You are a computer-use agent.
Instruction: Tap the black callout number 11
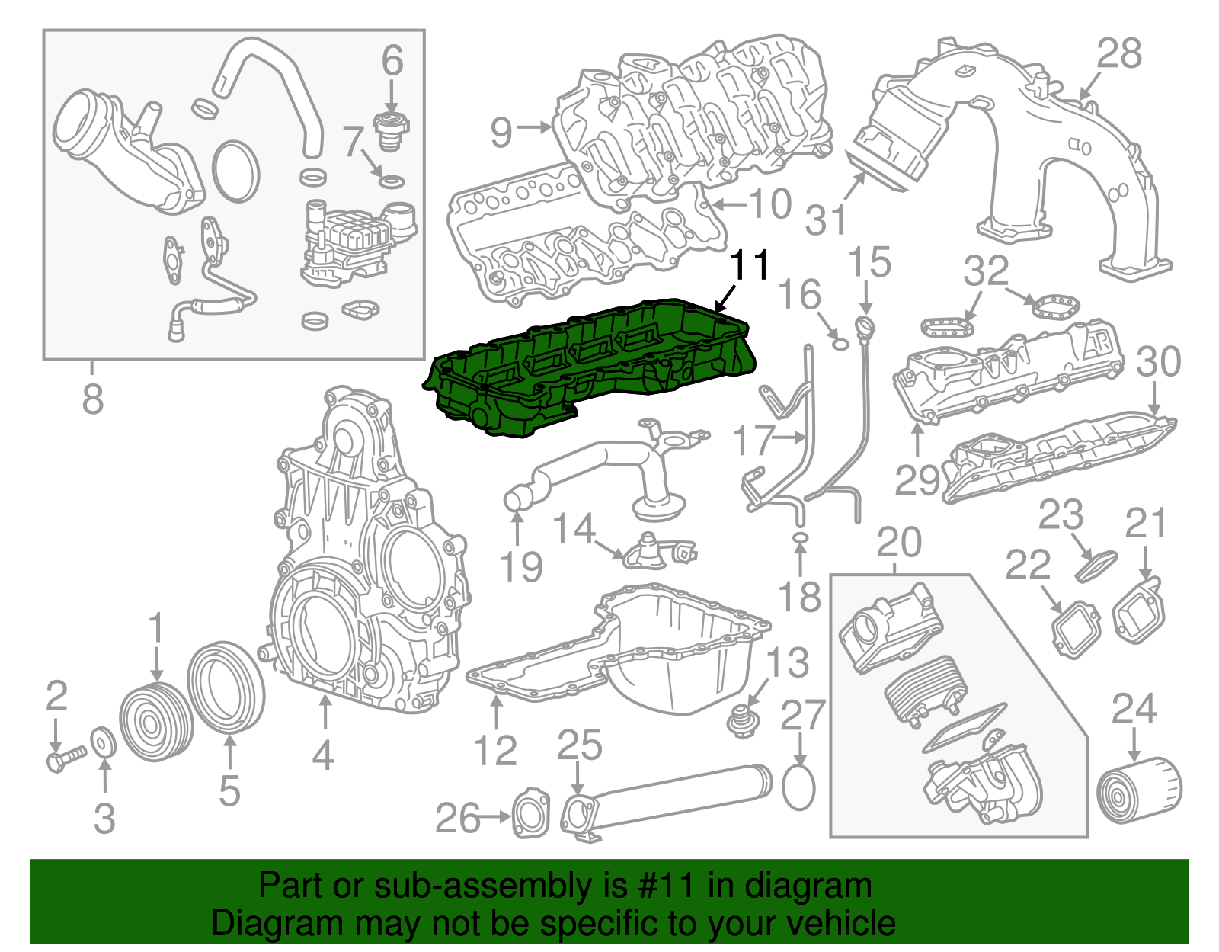point(750,264)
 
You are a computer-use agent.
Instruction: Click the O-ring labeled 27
point(798,788)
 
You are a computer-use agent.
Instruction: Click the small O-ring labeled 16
point(838,342)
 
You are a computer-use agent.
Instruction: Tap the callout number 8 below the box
point(92,398)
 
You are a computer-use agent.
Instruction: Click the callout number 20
point(899,542)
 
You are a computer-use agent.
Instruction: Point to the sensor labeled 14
point(655,551)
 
